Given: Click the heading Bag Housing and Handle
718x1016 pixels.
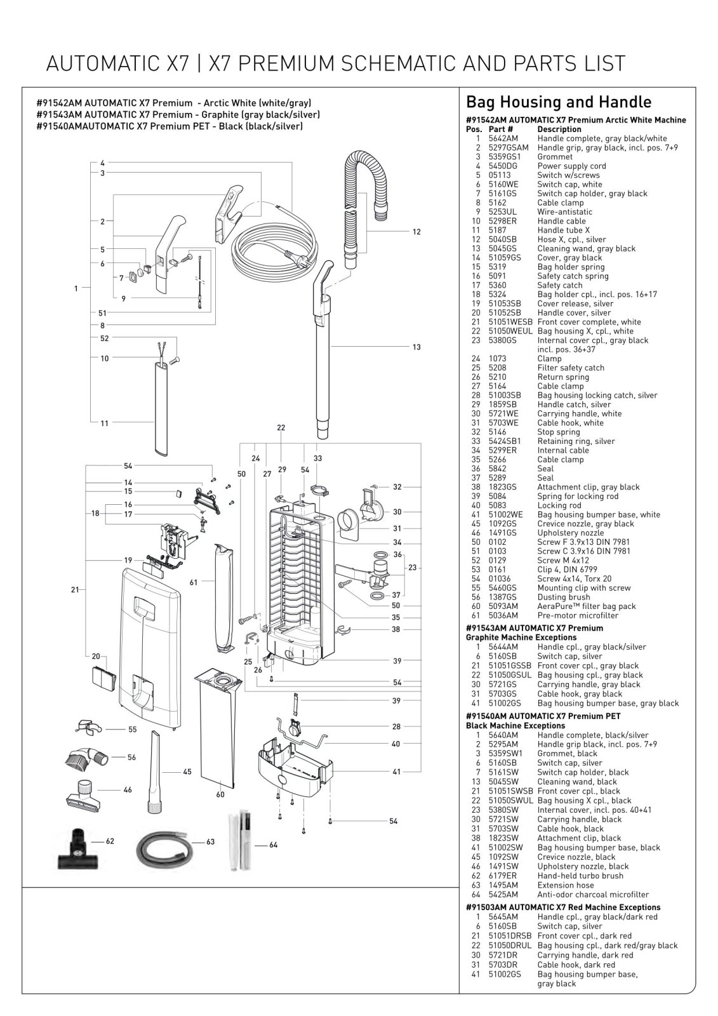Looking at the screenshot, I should (559, 102).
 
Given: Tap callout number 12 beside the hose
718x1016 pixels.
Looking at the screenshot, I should (416, 232).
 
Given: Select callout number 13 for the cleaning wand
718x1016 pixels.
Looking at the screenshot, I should (416, 347).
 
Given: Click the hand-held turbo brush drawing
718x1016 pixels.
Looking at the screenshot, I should (77, 843).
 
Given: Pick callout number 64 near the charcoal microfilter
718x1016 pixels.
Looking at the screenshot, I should (274, 845).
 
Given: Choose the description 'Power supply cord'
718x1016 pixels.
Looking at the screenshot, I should (571, 166).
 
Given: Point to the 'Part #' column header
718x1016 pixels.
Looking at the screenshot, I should (501, 129).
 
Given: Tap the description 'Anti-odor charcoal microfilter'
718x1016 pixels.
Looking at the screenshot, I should (593, 894).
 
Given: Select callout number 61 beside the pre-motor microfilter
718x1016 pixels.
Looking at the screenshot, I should (194, 582).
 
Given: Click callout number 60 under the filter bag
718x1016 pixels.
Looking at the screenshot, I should (220, 794).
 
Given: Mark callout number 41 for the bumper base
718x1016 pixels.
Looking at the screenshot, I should (397, 772).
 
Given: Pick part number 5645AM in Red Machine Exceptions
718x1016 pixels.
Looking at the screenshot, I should (503, 916).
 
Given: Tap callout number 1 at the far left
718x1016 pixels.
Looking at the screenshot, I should (76, 288).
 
